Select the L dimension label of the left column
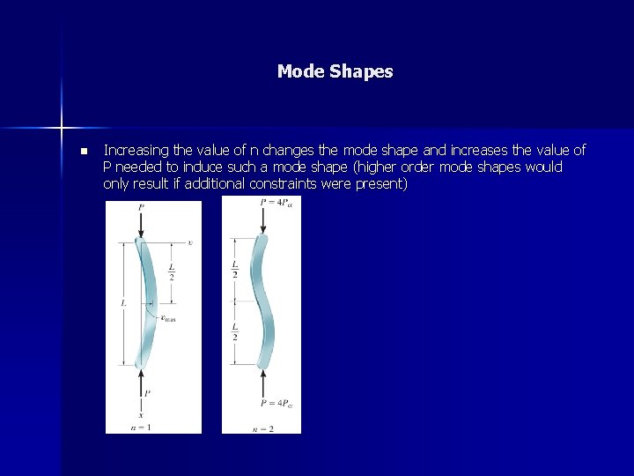tap(123, 302)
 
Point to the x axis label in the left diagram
tap(141, 414)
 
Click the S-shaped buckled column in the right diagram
tap(262, 300)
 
